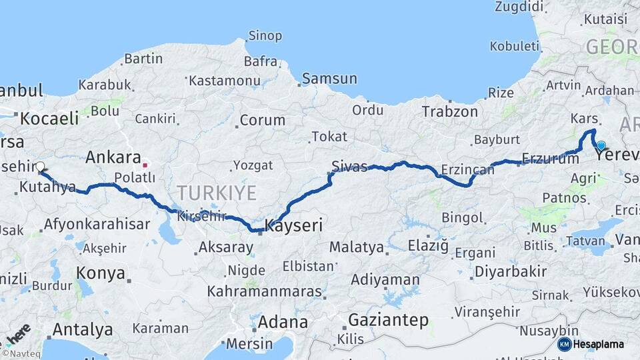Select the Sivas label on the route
coord(350,166)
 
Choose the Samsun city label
coord(329,79)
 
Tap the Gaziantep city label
coord(388,320)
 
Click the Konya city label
coord(101,273)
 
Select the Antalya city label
coord(82,329)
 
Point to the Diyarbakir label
coord(510,271)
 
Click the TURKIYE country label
coord(217,193)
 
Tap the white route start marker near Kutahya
coord(40,167)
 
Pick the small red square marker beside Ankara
coord(145,163)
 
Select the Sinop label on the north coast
coord(265,35)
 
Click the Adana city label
coord(283,322)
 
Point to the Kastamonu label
coord(224,80)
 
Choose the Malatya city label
coord(357,247)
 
